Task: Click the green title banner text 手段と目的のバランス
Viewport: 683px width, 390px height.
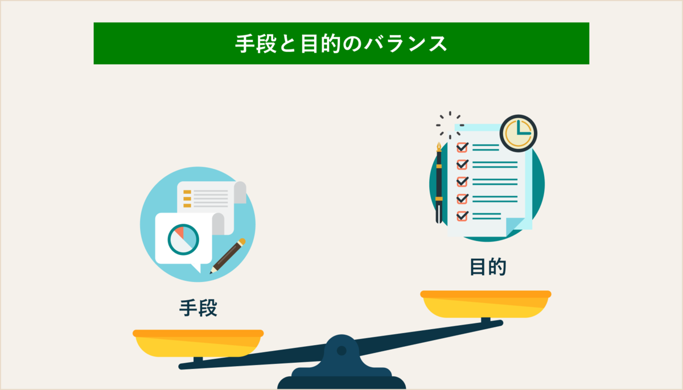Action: point(341,44)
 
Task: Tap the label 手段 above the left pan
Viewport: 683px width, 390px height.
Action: point(199,308)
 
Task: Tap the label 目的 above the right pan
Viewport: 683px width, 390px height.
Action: point(488,267)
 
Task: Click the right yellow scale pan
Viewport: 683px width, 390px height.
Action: point(485,304)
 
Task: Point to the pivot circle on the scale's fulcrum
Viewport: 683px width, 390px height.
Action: point(341,351)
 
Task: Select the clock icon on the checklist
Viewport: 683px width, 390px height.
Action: point(518,133)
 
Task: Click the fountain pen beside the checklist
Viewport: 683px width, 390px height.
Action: point(439,182)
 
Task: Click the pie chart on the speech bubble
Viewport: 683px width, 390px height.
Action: point(183,239)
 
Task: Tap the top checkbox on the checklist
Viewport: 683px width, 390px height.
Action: point(462,147)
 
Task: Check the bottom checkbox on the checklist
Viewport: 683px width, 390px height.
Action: point(462,215)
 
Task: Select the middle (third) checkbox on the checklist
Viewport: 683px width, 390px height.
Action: point(462,181)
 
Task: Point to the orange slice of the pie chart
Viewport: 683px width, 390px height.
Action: point(178,231)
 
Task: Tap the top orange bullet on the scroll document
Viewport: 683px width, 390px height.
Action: point(187,192)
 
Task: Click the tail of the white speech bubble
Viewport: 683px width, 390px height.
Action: point(197,267)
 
